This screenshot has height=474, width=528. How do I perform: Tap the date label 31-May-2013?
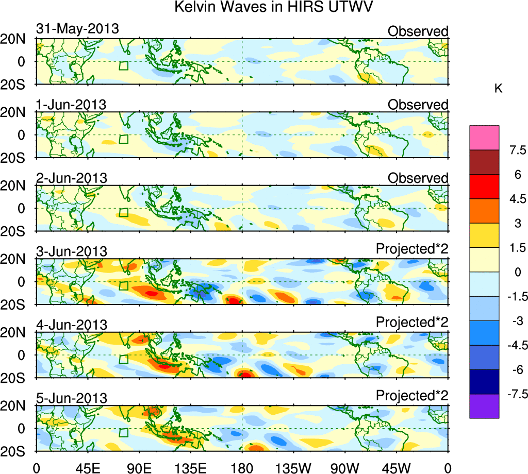click(x=77, y=29)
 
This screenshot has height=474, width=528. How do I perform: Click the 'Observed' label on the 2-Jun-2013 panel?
click(x=418, y=178)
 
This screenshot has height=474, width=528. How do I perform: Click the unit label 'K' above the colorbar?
click(x=499, y=89)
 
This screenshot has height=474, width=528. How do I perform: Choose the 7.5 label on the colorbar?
click(x=516, y=150)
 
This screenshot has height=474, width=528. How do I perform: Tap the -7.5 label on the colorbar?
click(x=516, y=395)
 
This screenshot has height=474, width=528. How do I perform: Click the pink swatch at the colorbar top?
click(x=484, y=137)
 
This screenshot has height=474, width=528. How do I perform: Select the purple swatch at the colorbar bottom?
click(x=484, y=407)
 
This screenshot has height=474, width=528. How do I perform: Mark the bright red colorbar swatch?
click(x=484, y=187)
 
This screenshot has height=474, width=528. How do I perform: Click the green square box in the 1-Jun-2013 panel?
click(x=123, y=139)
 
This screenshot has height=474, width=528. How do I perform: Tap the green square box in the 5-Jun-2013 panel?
click(x=123, y=433)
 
